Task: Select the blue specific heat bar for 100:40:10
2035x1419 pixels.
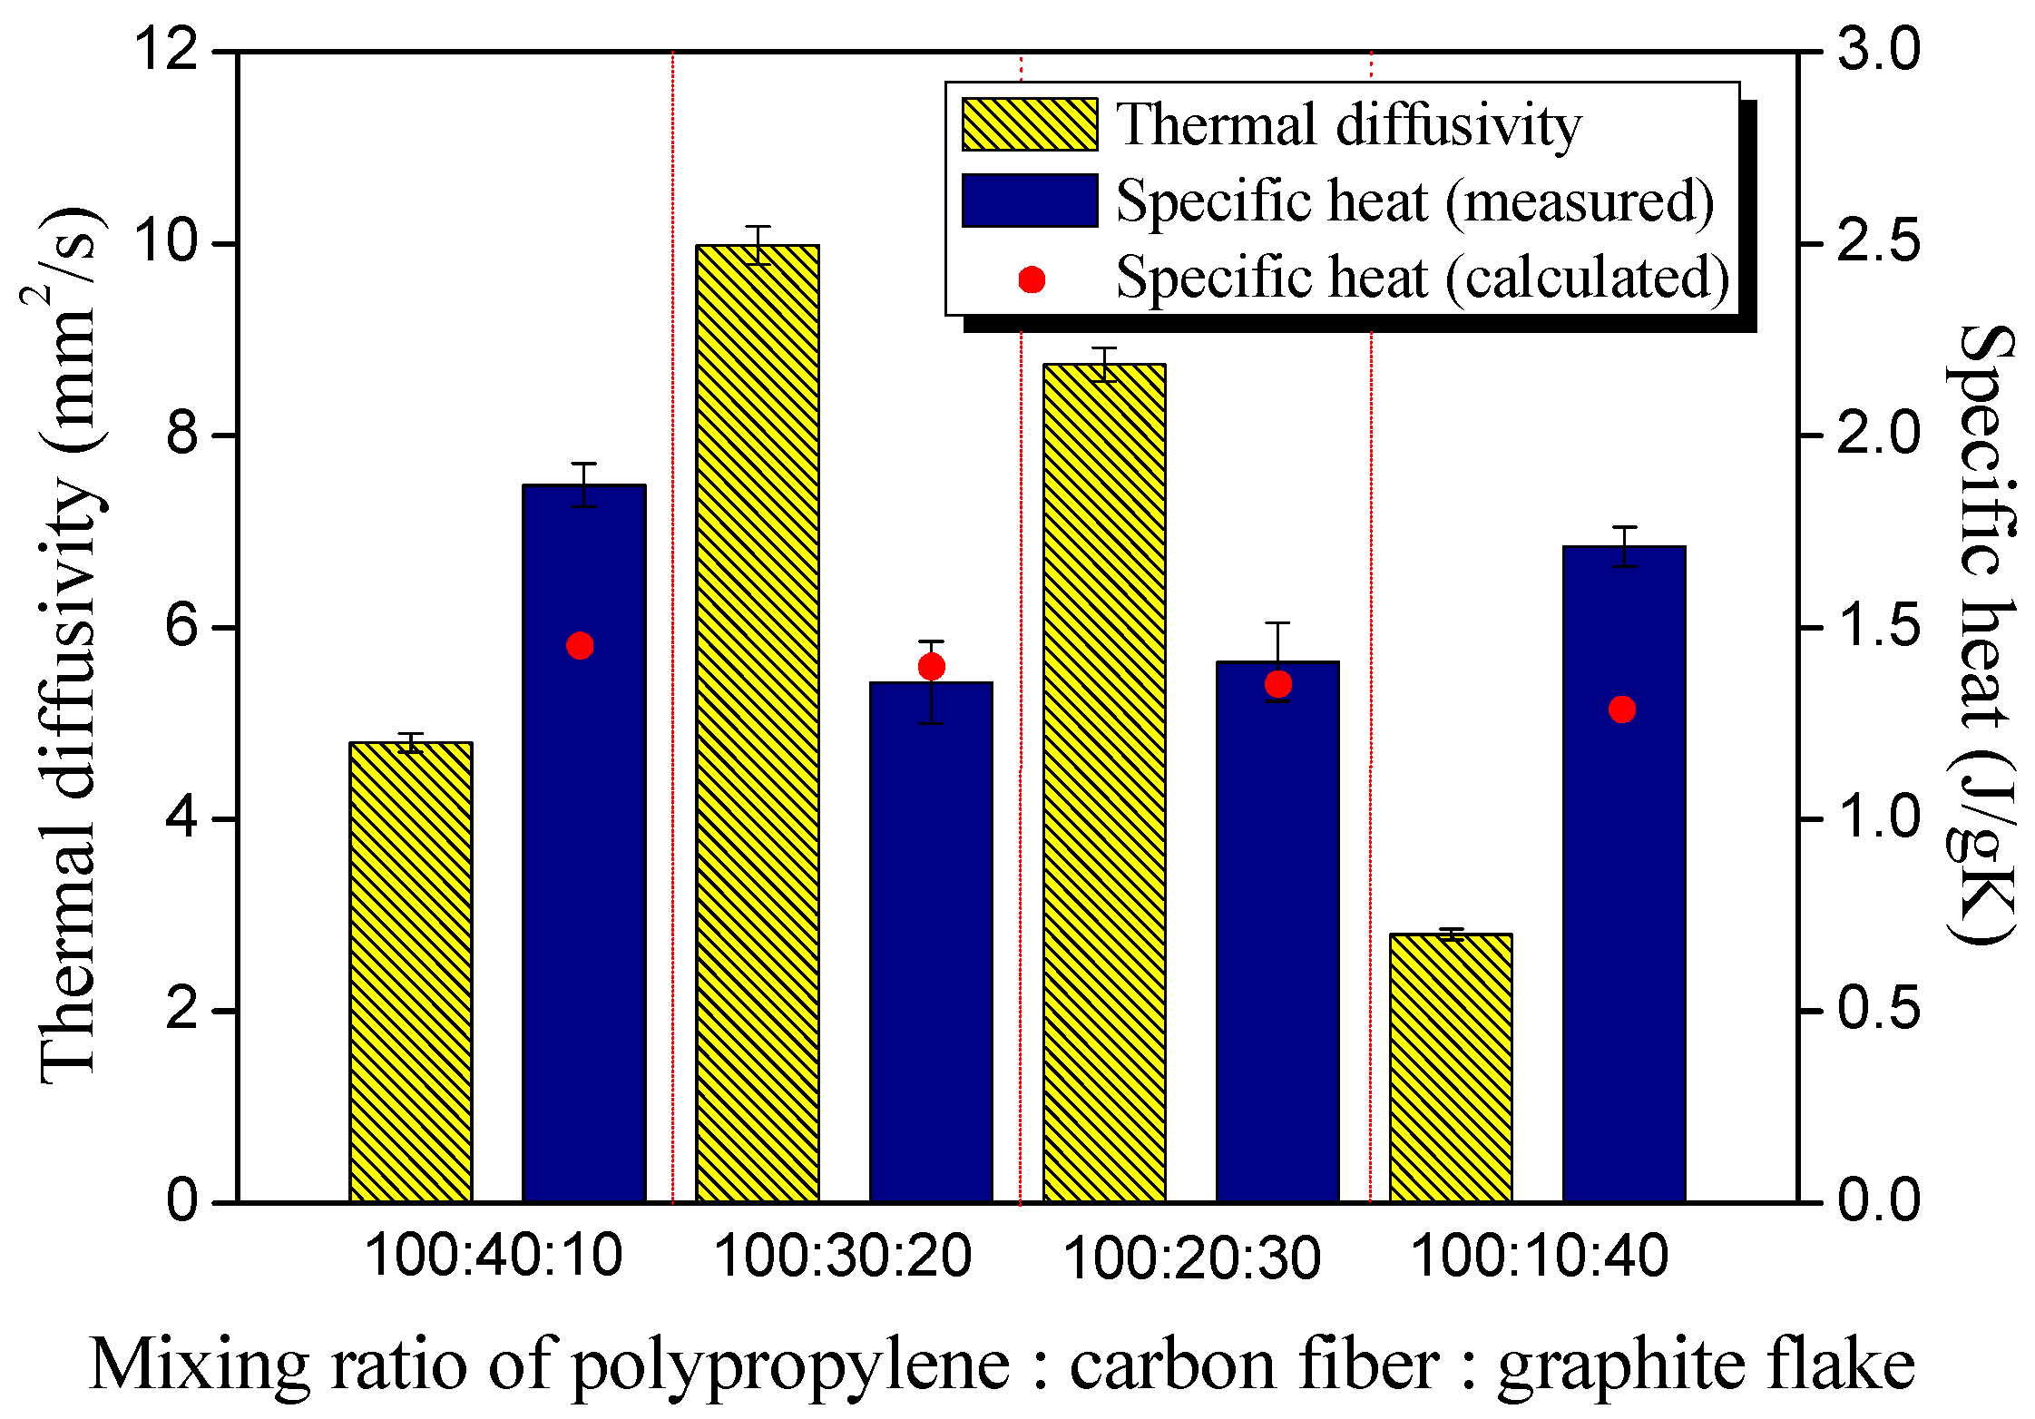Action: pyautogui.click(x=583, y=844)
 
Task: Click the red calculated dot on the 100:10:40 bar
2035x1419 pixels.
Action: pyautogui.click(x=1622, y=709)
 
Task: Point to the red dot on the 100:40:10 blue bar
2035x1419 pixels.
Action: pyautogui.click(x=580, y=646)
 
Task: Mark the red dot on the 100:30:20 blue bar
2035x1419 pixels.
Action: pyautogui.click(x=932, y=667)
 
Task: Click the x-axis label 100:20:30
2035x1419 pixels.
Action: pyautogui.click(x=1190, y=1258)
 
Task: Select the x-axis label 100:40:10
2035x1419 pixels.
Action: pyautogui.click(x=494, y=1257)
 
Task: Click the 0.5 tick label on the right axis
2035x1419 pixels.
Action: pyautogui.click(x=1878, y=1010)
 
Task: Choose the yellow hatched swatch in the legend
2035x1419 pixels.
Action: pyautogui.click(x=1030, y=124)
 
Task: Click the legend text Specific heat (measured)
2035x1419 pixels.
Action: pyautogui.click(x=1414, y=201)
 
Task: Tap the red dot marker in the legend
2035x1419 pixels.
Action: pyautogui.click(x=1032, y=279)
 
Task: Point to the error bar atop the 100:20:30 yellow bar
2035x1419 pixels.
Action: pyautogui.click(x=1104, y=364)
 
